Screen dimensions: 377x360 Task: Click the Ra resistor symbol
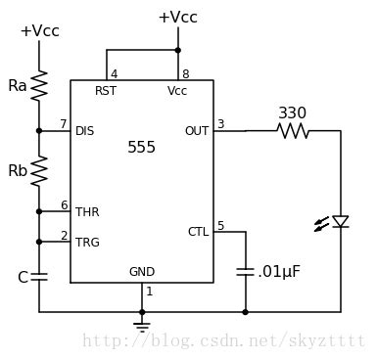click(39, 85)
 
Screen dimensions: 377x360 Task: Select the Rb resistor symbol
click(39, 171)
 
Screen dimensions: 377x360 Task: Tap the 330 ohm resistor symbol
click(293, 131)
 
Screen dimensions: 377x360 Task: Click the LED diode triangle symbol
click(341, 221)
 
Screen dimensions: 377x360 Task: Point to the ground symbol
click(142, 327)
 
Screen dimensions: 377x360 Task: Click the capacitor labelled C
click(39, 277)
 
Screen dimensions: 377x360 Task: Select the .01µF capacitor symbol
click(245, 272)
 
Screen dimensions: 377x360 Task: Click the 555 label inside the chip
click(141, 147)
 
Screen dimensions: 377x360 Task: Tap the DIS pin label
click(85, 131)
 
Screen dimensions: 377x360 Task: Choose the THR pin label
click(87, 212)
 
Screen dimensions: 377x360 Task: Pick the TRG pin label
click(87, 243)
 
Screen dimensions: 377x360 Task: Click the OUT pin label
click(197, 131)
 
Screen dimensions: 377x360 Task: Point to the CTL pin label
click(198, 232)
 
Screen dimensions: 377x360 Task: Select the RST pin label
click(106, 91)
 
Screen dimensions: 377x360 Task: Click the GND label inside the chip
click(142, 272)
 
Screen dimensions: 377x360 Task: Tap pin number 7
click(64, 124)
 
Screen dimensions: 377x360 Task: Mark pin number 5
click(221, 225)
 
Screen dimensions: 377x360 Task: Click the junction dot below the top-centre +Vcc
click(178, 50)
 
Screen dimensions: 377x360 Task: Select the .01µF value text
click(278, 272)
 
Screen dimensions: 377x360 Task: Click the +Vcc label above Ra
click(40, 31)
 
